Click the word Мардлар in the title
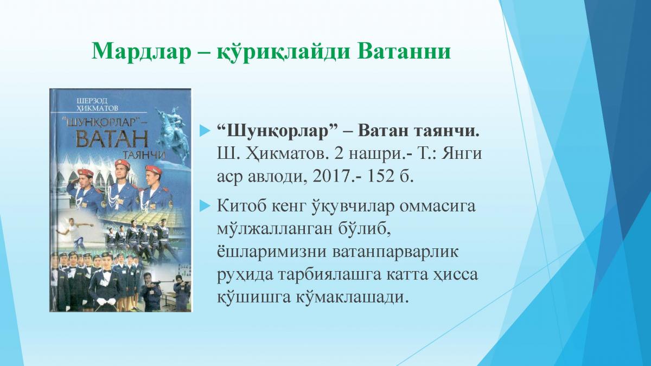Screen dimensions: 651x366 (x=140, y=52)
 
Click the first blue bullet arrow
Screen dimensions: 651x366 (x=205, y=131)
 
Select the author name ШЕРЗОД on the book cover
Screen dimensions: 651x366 (x=92, y=101)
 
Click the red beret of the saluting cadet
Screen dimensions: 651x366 (x=86, y=172)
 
